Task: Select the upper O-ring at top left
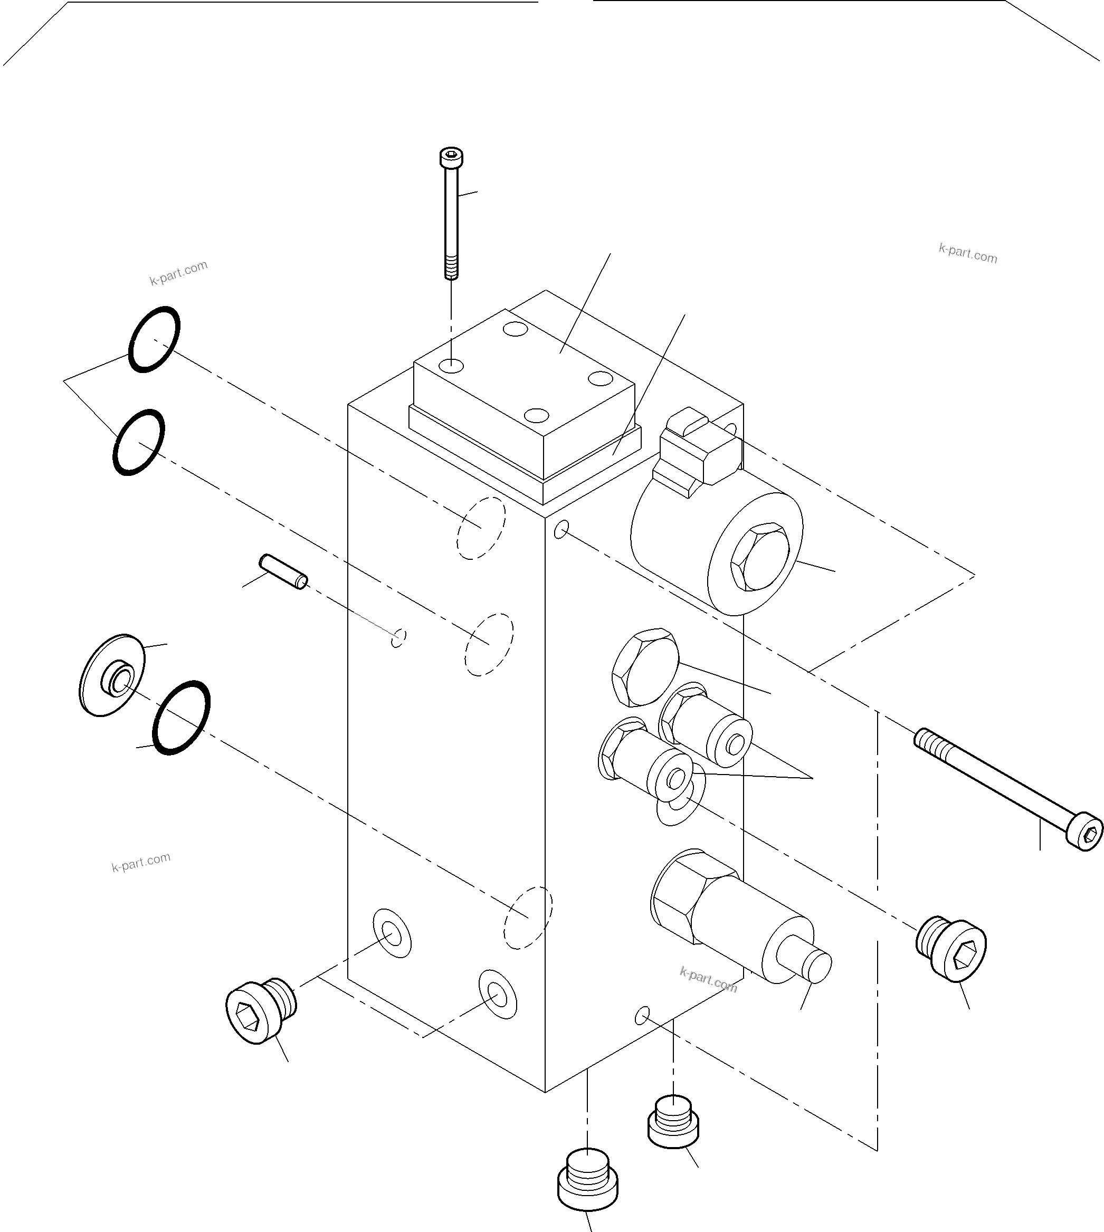154,339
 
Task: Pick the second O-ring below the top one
139,442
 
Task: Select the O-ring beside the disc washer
182,718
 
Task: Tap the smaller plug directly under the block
673,1122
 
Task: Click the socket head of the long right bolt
1084,835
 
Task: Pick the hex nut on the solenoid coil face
759,557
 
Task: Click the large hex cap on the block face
645,666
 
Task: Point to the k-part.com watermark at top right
967,254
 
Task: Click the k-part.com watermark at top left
178,272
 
